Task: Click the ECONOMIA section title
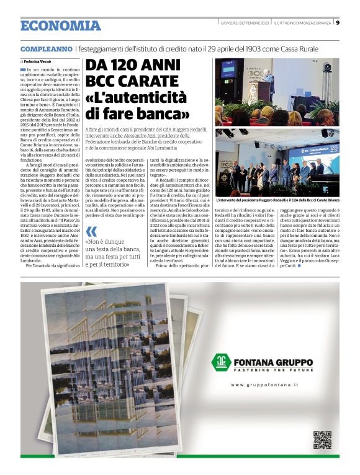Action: coord(60,25)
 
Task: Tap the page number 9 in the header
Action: coord(337,23)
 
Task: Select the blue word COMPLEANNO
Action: coord(46,48)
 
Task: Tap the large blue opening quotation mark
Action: coord(92,231)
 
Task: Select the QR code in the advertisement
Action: coord(322,439)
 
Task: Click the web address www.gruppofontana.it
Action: coord(264,385)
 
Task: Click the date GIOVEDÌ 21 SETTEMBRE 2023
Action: coord(244,23)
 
